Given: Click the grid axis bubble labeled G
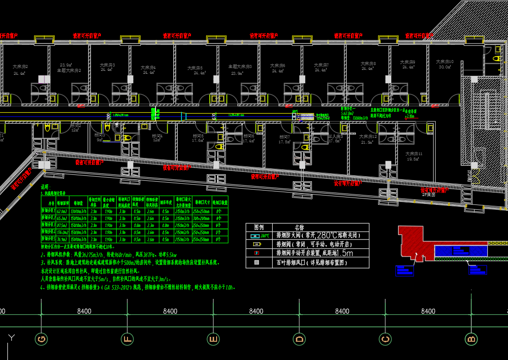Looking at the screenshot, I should click(41, 339).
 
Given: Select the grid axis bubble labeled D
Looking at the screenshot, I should click(299, 339).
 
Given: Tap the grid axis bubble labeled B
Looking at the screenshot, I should click(471, 339).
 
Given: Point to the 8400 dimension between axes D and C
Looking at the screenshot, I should click(342, 311).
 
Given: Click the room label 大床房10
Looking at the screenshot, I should click(444, 62).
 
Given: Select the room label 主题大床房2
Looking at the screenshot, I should click(68, 70).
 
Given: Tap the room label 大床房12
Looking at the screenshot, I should click(368, 136).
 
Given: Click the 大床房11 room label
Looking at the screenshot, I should click(414, 154).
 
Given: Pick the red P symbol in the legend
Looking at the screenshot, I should click(256, 253).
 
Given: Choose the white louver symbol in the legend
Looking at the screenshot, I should click(256, 262).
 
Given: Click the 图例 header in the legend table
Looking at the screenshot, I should click(259, 228).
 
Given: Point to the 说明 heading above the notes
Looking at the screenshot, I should click(45, 187).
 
